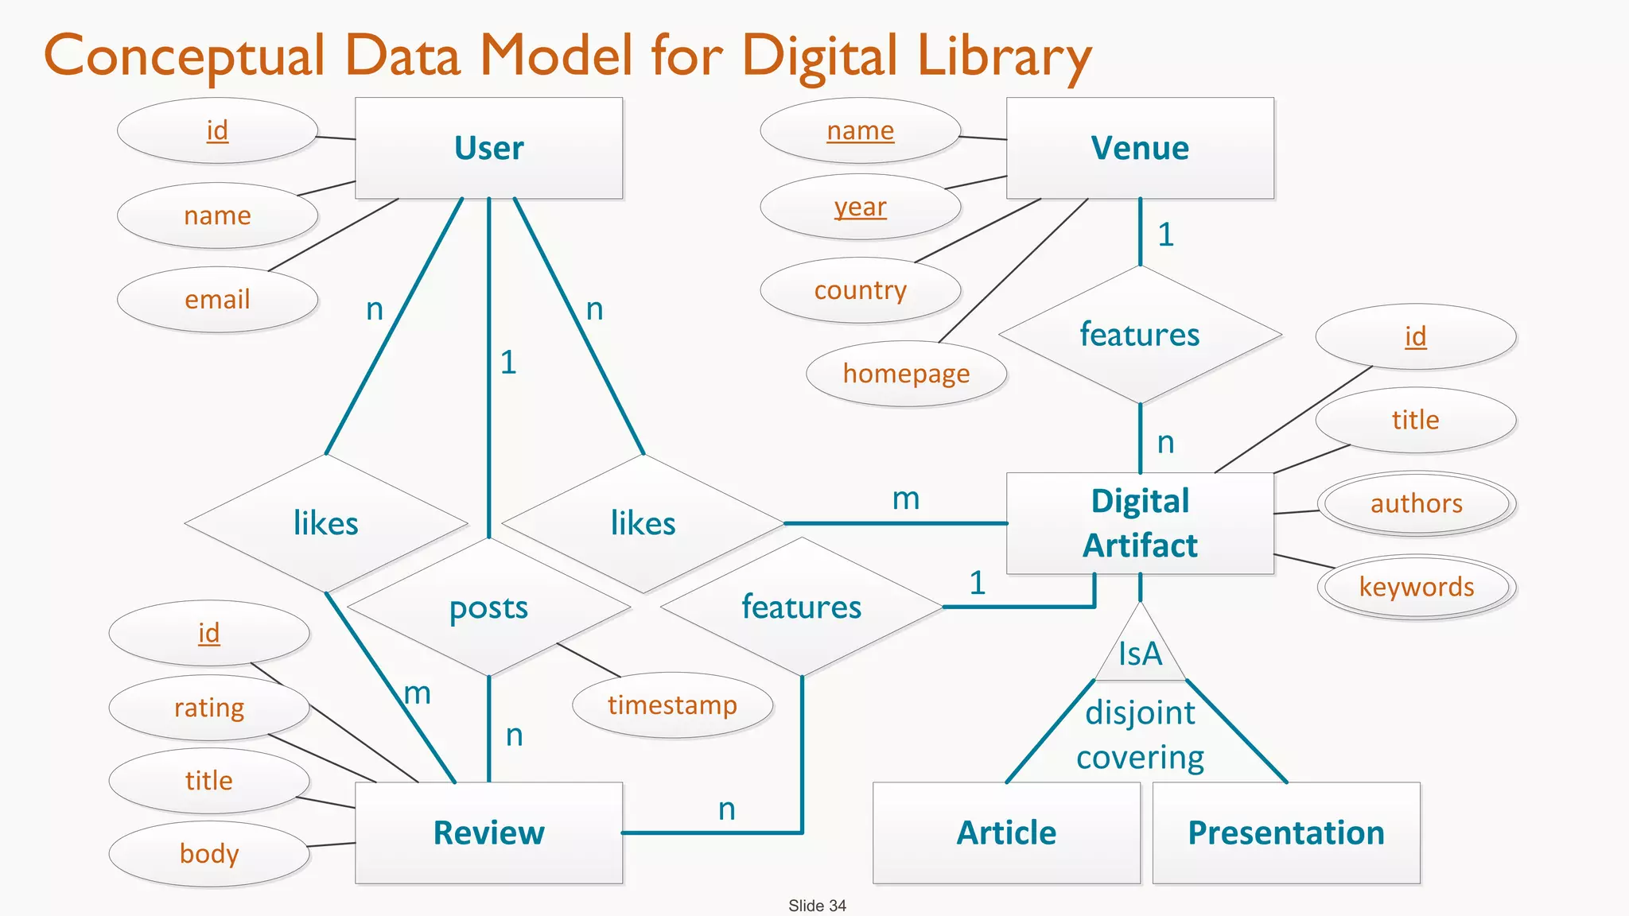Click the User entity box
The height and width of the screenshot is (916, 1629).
(488, 148)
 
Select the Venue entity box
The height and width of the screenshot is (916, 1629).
(1140, 148)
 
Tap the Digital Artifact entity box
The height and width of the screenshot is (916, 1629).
(1140, 523)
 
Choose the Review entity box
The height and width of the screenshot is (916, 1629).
(488, 833)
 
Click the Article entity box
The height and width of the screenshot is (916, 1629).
(1006, 833)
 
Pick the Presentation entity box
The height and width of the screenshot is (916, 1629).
(1286, 833)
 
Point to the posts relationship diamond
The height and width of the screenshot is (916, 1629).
(488, 608)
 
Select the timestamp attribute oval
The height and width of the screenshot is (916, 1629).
(672, 705)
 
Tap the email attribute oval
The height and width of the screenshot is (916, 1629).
(217, 300)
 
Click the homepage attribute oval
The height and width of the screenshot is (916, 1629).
(906, 374)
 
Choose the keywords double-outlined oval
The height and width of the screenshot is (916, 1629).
(1416, 587)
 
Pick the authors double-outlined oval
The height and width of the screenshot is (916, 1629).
(1416, 503)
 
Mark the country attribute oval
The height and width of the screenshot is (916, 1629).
(860, 290)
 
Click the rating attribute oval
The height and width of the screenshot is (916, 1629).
(208, 708)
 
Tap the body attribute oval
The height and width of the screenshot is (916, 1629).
(208, 854)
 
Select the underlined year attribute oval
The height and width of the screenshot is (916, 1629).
(860, 207)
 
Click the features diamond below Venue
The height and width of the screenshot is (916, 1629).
(1140, 335)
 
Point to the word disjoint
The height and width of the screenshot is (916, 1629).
(1140, 712)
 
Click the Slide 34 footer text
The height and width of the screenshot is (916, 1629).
(817, 906)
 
